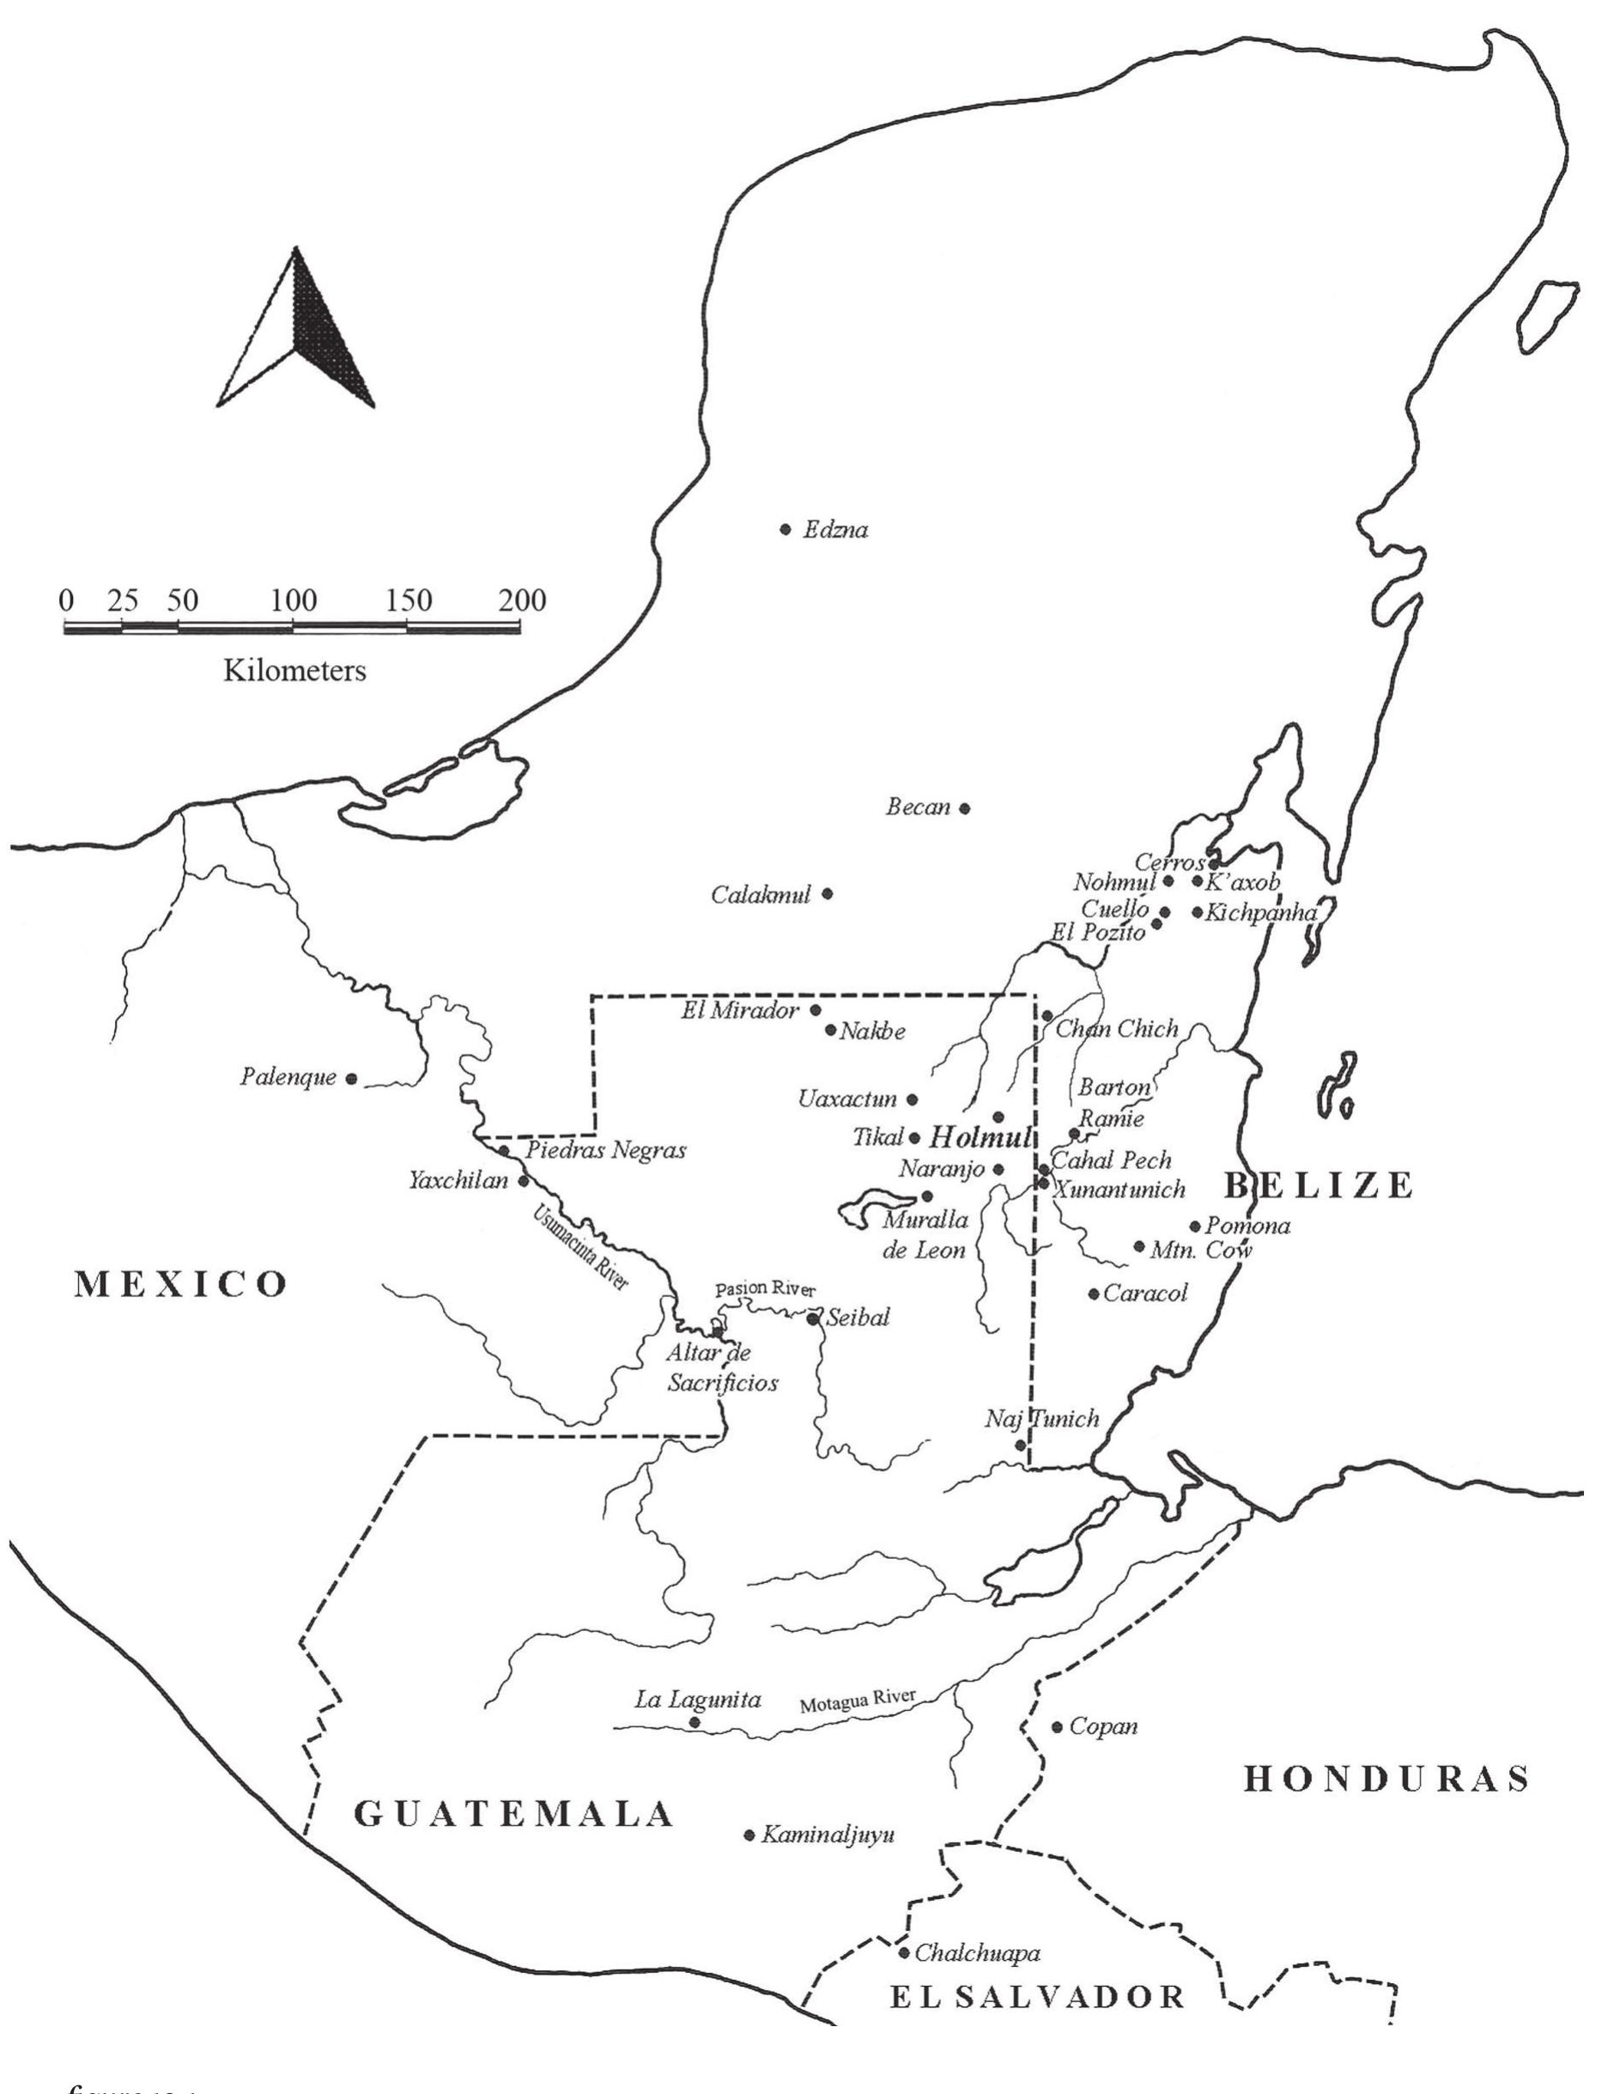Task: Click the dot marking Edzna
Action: [x=786, y=528]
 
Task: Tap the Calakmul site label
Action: [x=761, y=894]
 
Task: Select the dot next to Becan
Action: [x=965, y=808]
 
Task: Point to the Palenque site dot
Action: [x=351, y=1079]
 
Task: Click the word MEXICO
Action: [x=182, y=1284]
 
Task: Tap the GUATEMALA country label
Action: [x=515, y=1814]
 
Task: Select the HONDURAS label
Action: [x=1387, y=1779]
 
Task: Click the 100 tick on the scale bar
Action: [x=293, y=601]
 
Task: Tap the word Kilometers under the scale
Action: [x=294, y=670]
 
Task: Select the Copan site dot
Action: [x=1058, y=1727]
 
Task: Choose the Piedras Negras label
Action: [x=606, y=1150]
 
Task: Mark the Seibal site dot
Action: [x=813, y=1318]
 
